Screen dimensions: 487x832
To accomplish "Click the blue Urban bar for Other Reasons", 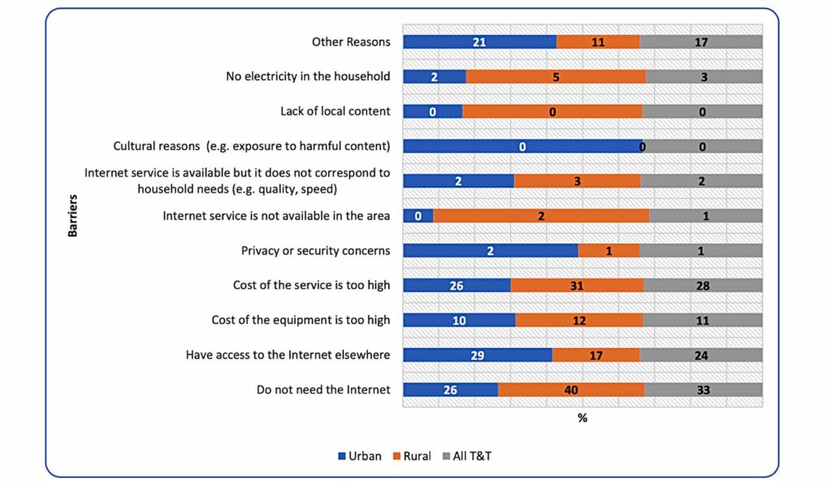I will (479, 42).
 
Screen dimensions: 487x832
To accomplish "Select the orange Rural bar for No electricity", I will (556, 77).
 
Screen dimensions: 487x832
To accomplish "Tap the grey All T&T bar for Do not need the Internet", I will (703, 390).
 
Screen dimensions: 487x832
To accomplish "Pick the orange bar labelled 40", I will (571, 390).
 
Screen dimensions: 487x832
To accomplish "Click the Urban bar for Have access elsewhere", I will (478, 355).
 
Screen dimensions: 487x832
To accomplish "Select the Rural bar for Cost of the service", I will (577, 285).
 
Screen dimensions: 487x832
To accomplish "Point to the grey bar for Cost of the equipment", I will (703, 320).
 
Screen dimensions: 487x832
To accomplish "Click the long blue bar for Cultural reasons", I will (523, 147).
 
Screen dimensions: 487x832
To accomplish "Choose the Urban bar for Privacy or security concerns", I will (491, 251).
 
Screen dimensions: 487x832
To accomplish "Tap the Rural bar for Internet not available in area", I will (541, 216).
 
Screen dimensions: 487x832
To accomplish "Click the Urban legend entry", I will (359, 456).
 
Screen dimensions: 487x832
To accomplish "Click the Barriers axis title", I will (72, 216).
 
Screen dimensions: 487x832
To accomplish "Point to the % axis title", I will (582, 418).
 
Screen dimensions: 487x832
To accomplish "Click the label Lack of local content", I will (335, 111).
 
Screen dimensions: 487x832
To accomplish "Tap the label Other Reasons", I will (351, 42).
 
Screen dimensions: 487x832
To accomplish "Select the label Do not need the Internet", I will (323, 390).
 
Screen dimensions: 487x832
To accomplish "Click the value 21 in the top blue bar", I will (480, 42).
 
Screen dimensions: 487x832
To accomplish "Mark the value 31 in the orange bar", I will (577, 285).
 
